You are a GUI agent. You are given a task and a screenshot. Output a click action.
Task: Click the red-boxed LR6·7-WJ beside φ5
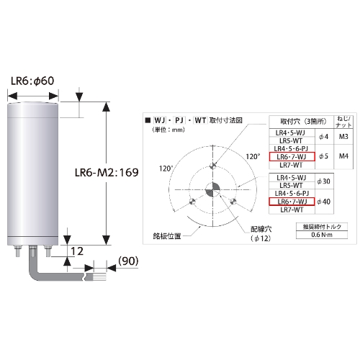click(292, 156)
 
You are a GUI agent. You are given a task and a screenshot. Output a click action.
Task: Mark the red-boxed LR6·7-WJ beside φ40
click(292, 201)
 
